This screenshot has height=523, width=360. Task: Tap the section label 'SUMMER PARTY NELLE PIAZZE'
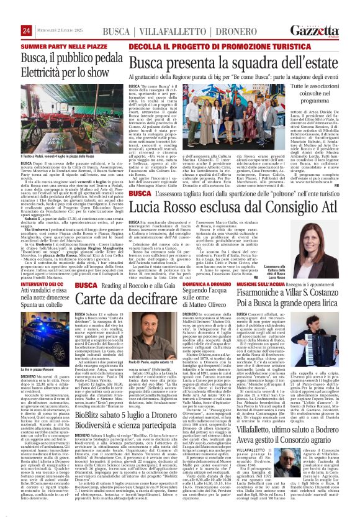pos(58,46)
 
